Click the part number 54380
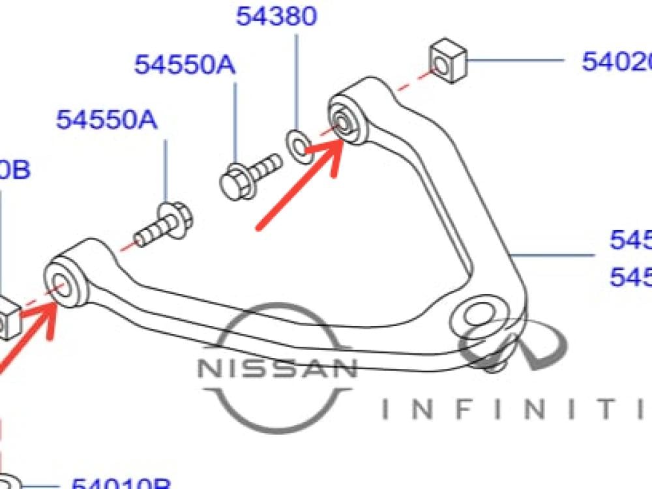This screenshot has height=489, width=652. pos(276,16)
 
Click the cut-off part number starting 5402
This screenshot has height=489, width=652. pos(617,62)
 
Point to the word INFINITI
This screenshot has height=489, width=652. pos(515,408)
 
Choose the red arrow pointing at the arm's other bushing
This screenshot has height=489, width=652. pos(26,339)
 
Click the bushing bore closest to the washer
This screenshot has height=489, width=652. pos(342,121)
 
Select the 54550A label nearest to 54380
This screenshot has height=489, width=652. pos(185,65)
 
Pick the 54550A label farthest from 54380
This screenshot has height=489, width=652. pos(106,120)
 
